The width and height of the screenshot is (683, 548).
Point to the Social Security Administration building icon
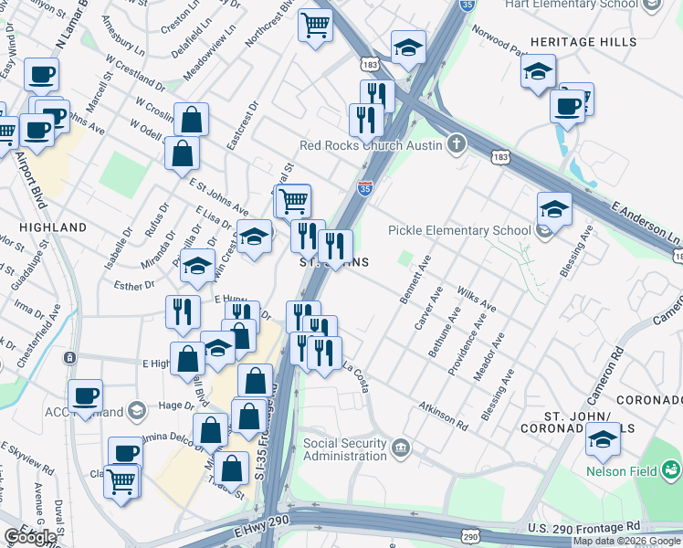pos(401,448)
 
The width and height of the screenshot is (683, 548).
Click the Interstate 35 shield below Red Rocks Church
pos(364,187)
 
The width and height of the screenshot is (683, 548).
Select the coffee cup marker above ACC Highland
pos(86,395)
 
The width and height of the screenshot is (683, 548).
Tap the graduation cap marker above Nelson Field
pos(602,440)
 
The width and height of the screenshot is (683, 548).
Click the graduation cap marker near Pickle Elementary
pos(554,209)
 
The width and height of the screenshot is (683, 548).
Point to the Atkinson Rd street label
pos(443,412)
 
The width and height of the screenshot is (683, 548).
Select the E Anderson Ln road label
pos(646,224)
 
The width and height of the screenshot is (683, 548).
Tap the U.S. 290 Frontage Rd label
pos(583,529)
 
